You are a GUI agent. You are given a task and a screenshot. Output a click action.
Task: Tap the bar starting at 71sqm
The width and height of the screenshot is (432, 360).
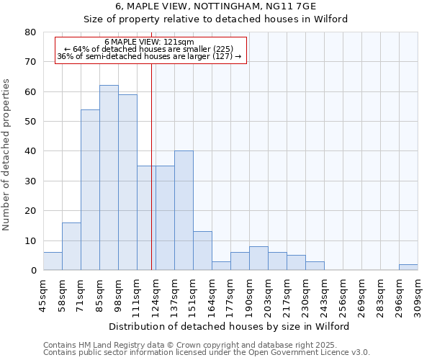pos(90,190)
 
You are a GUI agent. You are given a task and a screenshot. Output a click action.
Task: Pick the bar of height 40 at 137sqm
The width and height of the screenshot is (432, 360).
pos(184,210)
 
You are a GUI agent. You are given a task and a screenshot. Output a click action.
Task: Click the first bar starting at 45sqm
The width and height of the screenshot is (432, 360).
pos(53,261)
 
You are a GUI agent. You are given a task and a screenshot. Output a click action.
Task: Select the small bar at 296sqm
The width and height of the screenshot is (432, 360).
pos(408,267)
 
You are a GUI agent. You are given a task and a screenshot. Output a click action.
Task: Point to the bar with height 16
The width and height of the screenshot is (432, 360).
pos(71,246)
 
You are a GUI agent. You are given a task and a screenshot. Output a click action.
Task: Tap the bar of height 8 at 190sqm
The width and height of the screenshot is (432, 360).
pos(258,258)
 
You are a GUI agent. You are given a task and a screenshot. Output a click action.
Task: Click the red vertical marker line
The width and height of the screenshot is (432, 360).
pos(151,166)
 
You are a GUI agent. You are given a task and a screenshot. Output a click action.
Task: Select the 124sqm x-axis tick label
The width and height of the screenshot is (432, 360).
pos(156,294)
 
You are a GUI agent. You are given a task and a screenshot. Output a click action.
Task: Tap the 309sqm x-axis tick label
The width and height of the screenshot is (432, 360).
pos(418,294)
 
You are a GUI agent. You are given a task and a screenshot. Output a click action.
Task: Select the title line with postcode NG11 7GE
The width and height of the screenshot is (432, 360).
pos(215,6)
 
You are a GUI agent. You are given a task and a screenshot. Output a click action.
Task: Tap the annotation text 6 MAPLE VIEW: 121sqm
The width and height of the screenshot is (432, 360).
pos(149,42)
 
